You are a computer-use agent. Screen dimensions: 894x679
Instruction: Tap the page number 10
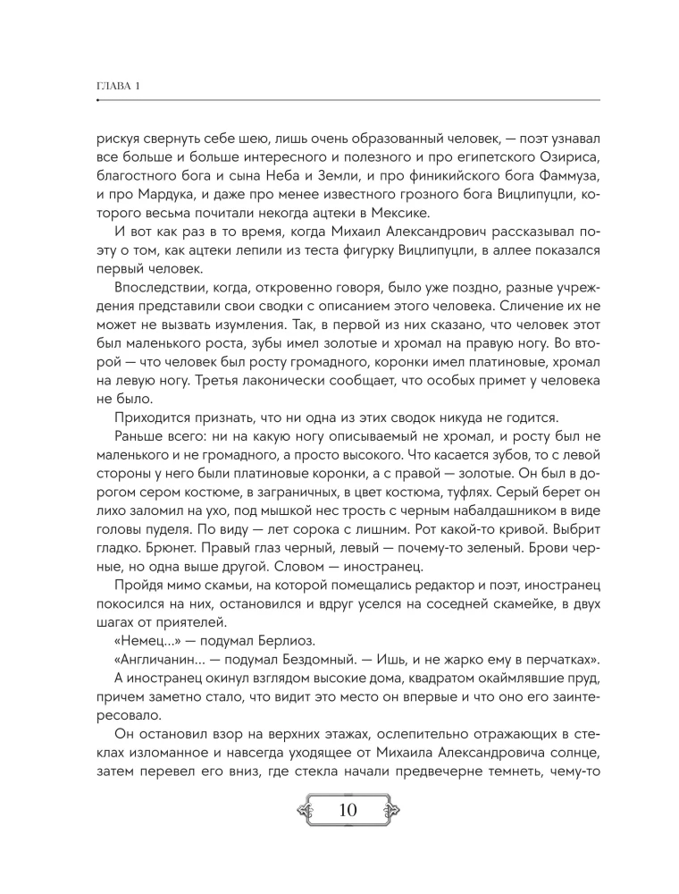[x=348, y=812]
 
